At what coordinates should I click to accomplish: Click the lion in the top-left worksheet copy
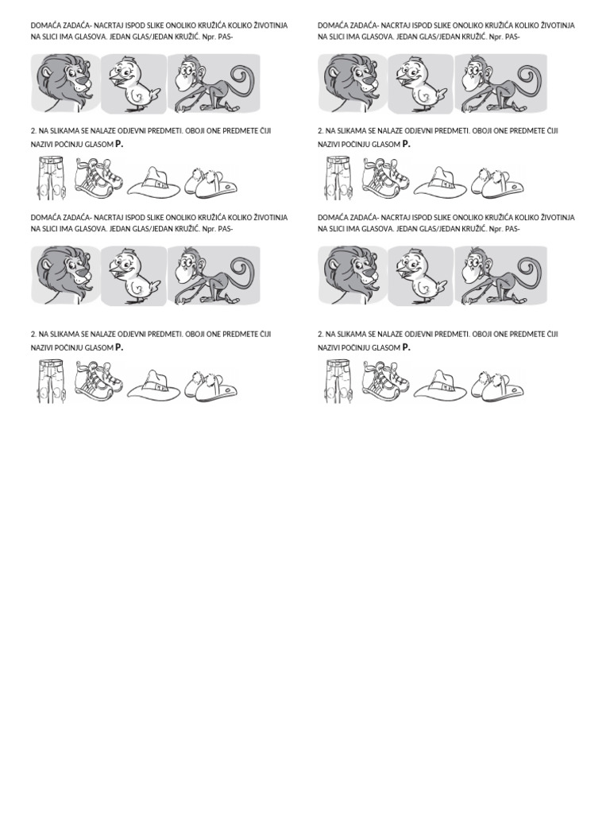pos(66,83)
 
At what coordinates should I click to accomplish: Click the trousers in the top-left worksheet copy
pos(49,178)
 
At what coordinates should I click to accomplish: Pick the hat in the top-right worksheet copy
pos(438,184)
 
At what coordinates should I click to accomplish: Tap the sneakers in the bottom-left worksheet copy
pos(98,380)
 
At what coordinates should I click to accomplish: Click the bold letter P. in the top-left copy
pos(119,144)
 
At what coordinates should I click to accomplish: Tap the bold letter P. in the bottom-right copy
pos(407,347)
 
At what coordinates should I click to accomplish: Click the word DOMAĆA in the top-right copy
pos(334,25)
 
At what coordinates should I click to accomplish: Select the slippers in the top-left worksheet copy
pos(210,182)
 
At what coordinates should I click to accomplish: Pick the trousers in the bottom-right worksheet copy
pos(336,381)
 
